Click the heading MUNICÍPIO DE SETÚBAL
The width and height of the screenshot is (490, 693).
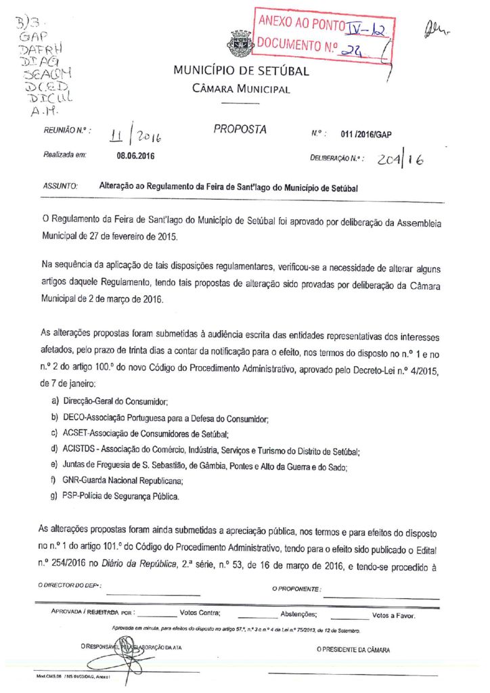(x=241, y=71)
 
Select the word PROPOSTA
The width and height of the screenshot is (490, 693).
(x=240, y=129)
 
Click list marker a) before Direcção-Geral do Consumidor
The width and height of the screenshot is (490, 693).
(x=54, y=402)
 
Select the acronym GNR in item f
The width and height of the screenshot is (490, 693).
(x=71, y=481)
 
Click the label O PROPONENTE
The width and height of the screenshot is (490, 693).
(x=296, y=589)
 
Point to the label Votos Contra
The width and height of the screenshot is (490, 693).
(x=200, y=614)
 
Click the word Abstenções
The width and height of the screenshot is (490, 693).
(x=298, y=614)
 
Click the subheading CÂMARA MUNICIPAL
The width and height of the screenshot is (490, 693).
(x=241, y=89)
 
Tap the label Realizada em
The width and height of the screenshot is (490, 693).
(x=65, y=156)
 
